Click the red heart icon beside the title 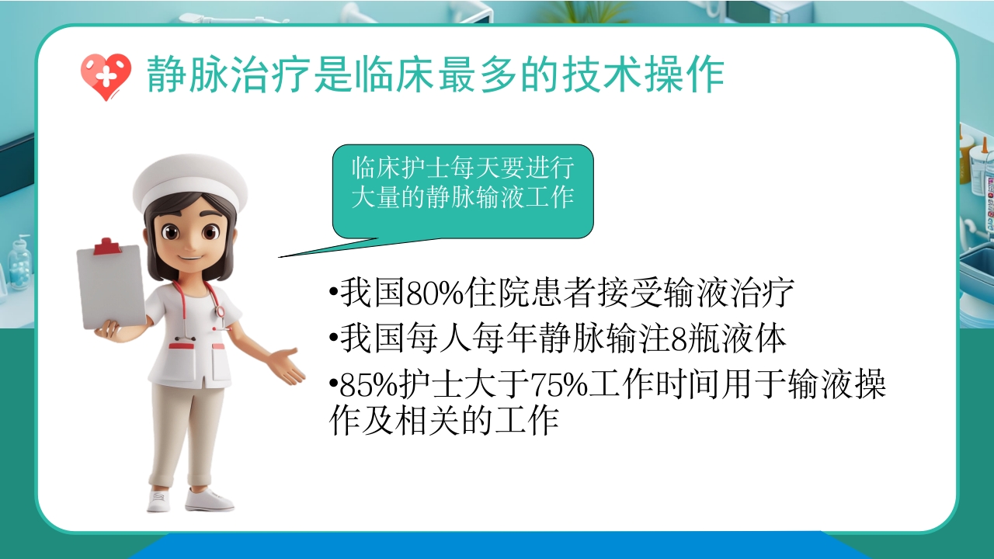106,76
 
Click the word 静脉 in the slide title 186,75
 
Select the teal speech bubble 463,190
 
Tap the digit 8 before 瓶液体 677,340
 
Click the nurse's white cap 189,182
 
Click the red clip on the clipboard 107,247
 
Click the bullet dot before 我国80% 333,296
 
